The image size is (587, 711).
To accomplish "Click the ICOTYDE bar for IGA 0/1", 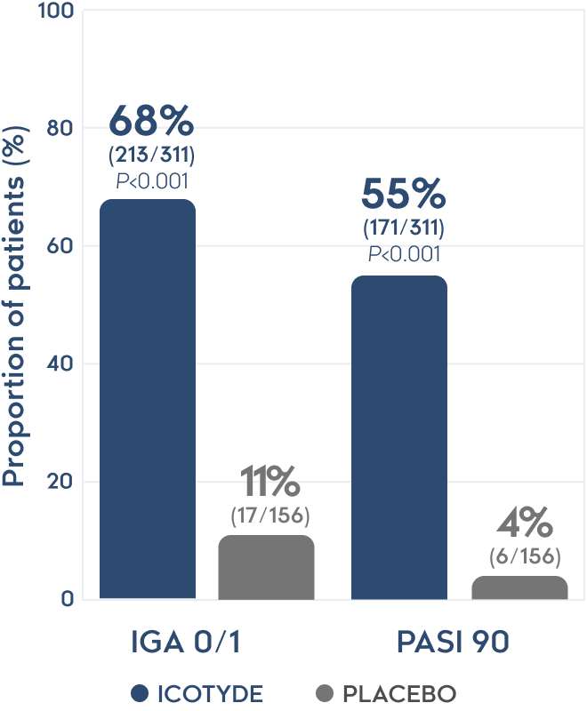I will click(x=147, y=400).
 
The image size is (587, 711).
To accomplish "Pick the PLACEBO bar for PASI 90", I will click(x=519, y=587).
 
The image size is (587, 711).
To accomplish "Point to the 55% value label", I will click(x=403, y=195).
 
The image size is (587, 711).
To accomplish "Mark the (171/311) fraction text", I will click(x=403, y=228).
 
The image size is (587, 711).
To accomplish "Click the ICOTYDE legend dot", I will click(x=139, y=692).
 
